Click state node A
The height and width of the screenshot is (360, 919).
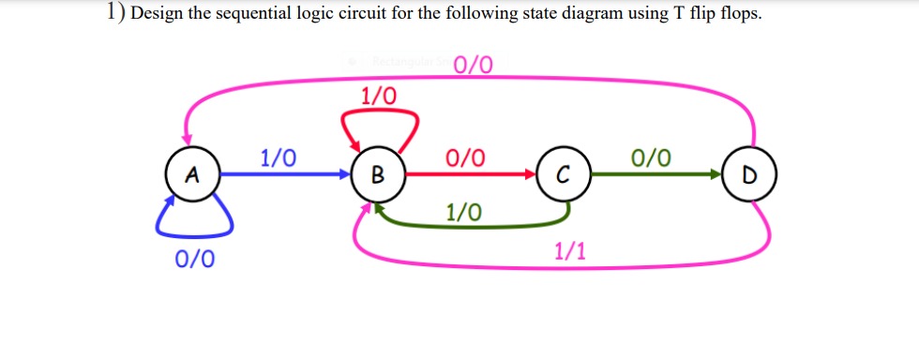point(192,173)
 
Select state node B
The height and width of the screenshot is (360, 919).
point(377,173)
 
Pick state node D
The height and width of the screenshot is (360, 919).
point(749,173)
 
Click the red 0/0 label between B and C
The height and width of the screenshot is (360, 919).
point(466,157)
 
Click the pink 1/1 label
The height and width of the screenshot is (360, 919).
point(571,250)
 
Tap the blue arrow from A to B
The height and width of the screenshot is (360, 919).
point(281,173)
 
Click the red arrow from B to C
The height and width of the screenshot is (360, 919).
point(469,173)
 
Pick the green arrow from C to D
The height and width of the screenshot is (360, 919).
point(656,173)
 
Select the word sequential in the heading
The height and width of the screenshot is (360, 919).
point(253,20)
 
